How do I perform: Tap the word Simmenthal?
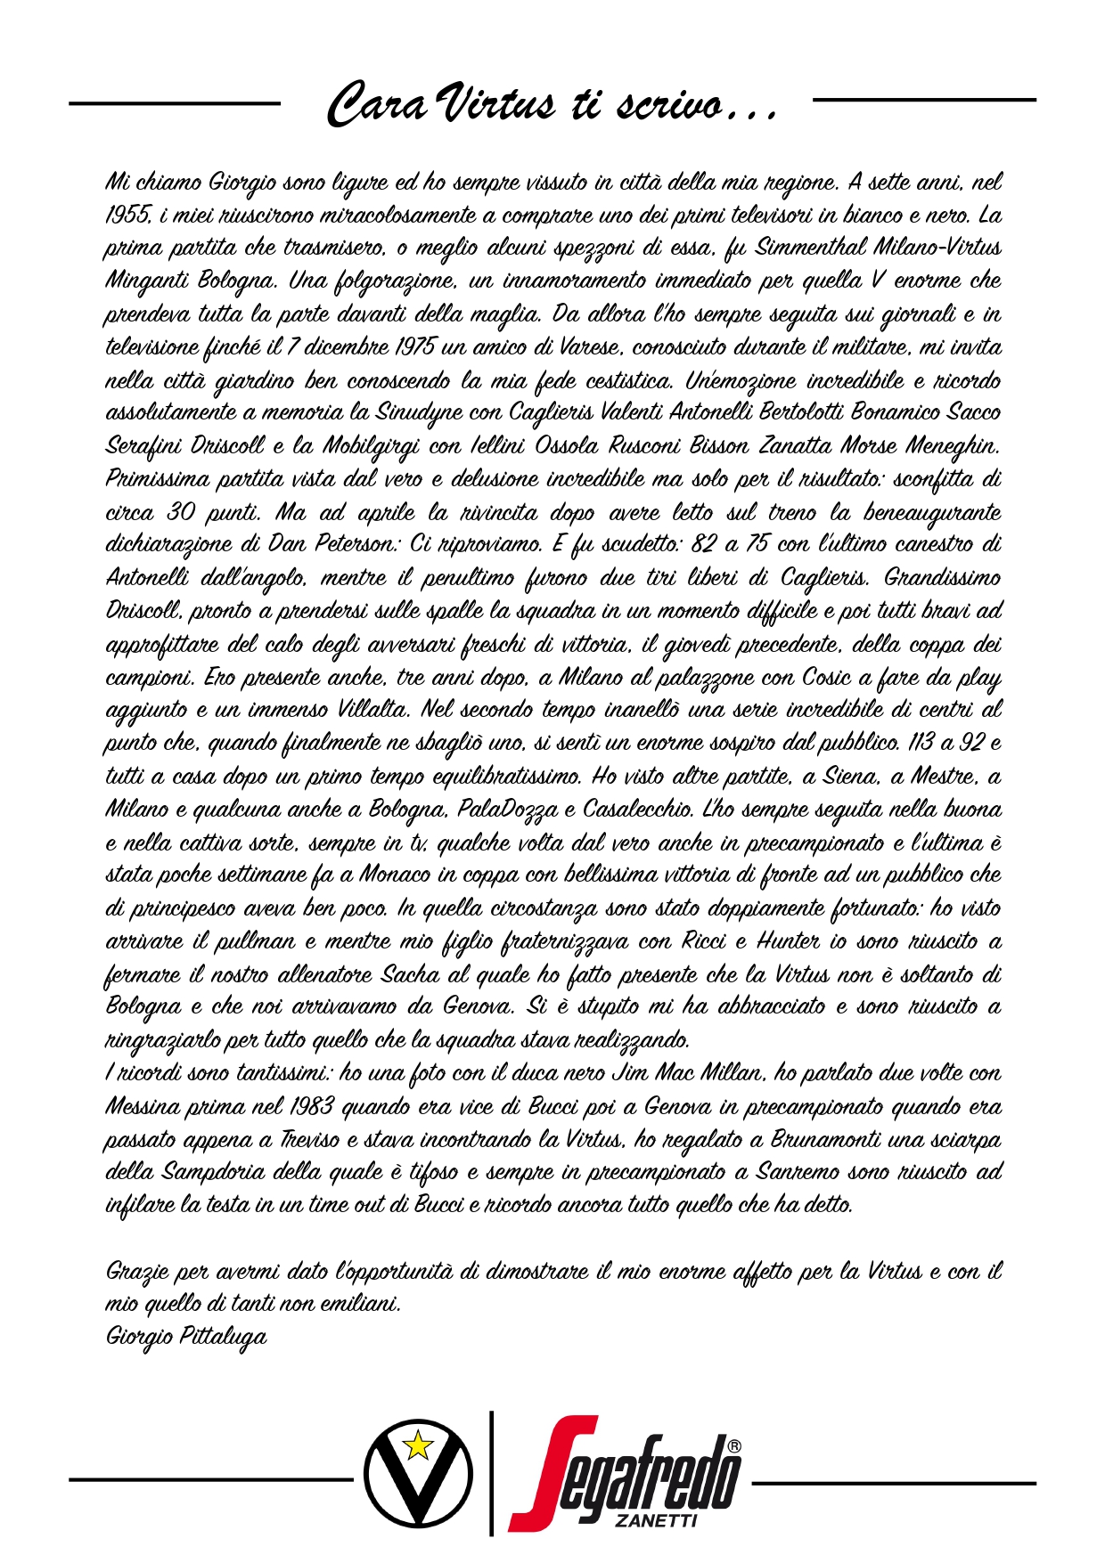pos(808,248)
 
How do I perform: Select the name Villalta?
pos(373,710)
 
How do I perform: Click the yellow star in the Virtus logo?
pos(417,1445)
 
